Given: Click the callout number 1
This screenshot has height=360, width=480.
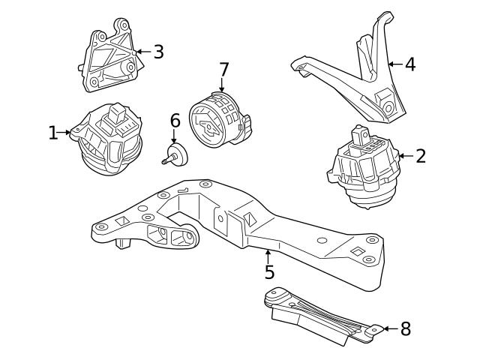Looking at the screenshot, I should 52,133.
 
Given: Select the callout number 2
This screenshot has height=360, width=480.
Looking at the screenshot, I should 421,156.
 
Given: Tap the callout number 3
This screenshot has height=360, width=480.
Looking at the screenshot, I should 158,52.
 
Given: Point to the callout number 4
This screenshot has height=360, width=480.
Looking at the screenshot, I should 409,64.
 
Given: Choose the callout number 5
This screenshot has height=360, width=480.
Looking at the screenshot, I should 269,272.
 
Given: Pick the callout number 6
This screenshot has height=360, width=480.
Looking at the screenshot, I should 175,120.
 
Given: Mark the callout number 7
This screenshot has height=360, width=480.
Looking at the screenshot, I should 223,69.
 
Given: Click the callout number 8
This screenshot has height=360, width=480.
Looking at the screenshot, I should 405,328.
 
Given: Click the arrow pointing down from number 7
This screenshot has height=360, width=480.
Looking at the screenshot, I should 223,86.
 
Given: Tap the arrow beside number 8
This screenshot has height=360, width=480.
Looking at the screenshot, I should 389,328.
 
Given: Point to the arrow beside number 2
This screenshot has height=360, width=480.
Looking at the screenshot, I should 405,156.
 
